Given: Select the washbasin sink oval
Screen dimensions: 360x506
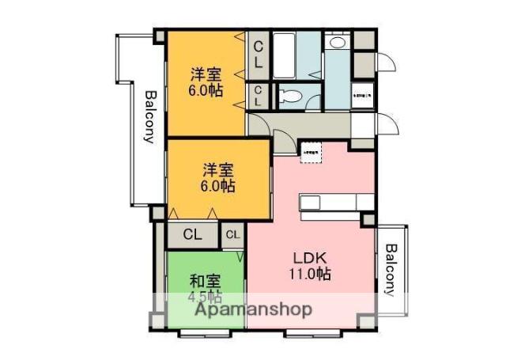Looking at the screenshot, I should pos(338,44).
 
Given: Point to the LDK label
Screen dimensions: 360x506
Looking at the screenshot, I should pos(311,259).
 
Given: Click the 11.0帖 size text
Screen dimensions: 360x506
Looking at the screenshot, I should pos(311,275).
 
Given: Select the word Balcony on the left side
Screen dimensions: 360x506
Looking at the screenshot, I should pos(149,116).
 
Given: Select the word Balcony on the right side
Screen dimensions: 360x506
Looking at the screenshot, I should pos(390,269).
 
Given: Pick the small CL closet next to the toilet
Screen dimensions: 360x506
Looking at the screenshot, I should pos(258,97).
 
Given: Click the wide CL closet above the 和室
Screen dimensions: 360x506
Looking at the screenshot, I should pos(193,235).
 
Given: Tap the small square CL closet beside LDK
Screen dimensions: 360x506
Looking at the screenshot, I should pos(232,235).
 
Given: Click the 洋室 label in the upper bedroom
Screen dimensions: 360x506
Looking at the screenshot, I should pos(206,74).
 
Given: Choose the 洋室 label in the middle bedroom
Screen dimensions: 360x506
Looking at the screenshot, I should pos(217,169).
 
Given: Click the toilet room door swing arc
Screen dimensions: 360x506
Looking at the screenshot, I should pos(312,100).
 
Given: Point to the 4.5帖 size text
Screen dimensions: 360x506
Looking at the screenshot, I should pos(204,297).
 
